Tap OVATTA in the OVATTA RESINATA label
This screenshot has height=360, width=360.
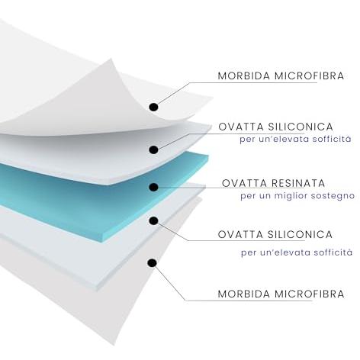pyautogui.click(x=244, y=184)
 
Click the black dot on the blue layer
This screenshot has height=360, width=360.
pyautogui.click(x=153, y=188)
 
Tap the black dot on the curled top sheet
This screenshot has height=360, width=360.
pyautogui.click(x=153, y=107)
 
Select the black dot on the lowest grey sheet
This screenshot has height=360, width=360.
pyautogui.click(x=153, y=263)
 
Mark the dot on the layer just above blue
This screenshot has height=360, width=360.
pyautogui.click(x=153, y=149)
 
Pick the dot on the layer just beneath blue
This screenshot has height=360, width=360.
pyautogui.click(x=153, y=220)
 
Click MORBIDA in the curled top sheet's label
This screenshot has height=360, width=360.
pyautogui.click(x=244, y=76)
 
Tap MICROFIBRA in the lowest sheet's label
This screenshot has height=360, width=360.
pyautogui.click(x=310, y=294)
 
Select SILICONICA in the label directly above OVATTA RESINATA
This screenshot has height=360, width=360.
pyautogui.click(x=301, y=127)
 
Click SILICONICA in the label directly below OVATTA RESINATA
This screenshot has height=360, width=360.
pyautogui.click(x=300, y=234)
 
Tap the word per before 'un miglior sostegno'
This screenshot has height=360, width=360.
pyautogui.click(x=247, y=197)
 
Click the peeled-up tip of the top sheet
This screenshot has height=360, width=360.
pyautogui.click(x=111, y=59)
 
